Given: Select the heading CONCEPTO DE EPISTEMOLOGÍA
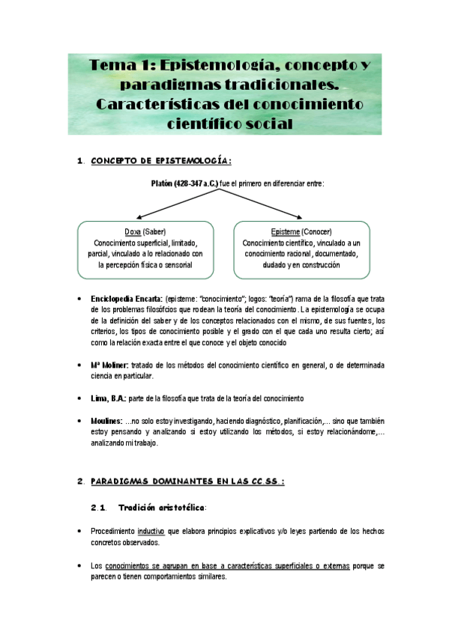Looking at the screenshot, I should tap(160, 160).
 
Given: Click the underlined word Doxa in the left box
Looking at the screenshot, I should tap(132, 231).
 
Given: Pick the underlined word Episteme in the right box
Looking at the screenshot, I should tap(289, 231).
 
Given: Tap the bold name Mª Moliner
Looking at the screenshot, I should tap(109, 365).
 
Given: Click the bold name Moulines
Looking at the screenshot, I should tap(106, 422).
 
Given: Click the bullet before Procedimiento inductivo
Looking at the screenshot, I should tap(79, 531).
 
